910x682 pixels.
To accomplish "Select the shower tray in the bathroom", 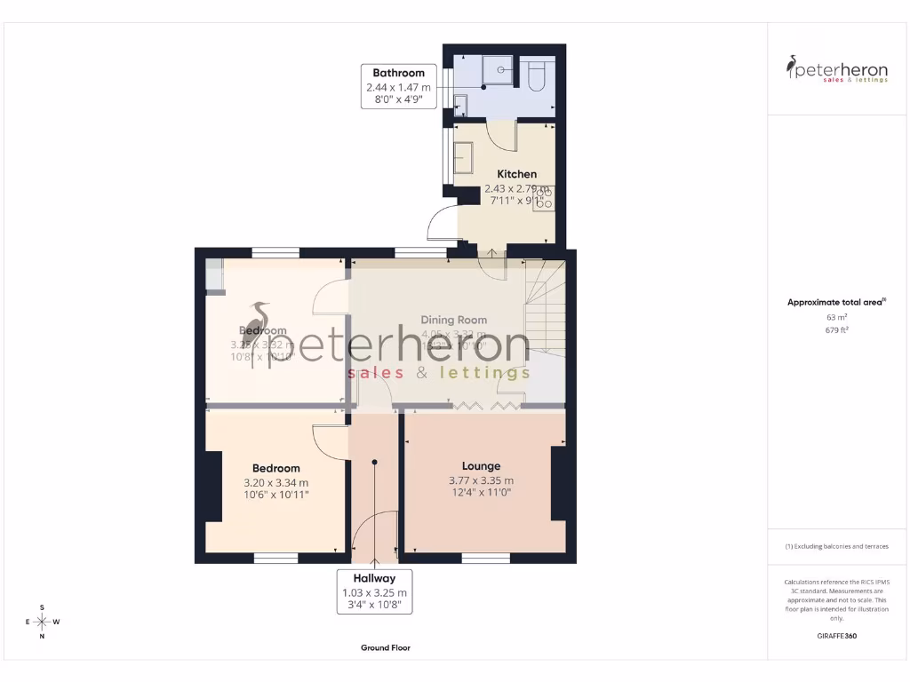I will tap(484, 71).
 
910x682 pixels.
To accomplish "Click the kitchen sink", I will tap(463, 157).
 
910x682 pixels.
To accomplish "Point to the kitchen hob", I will tap(543, 197).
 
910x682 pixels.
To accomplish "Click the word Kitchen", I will tap(516, 174).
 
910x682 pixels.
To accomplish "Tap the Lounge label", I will tap(481, 466).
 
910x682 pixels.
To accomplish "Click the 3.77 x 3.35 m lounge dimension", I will tap(481, 481).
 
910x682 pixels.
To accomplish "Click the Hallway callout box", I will tap(374, 591).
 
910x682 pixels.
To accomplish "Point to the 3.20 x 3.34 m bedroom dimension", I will tap(275, 483).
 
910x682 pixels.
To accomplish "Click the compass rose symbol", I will tap(42, 622).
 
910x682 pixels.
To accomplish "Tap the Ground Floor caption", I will tap(385, 648).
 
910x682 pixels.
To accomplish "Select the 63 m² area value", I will tap(836, 317).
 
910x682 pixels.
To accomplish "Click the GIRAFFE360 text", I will tap(836, 636).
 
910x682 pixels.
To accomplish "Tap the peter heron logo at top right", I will tap(836, 69).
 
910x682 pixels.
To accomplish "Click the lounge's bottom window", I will tap(485, 559).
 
